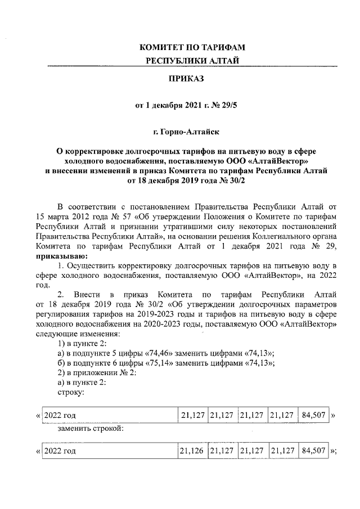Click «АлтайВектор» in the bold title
pyautogui.click(x=285, y=159)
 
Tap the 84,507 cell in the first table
pyautogui.click(x=313, y=416)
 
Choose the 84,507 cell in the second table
pyautogui.click(x=313, y=451)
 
